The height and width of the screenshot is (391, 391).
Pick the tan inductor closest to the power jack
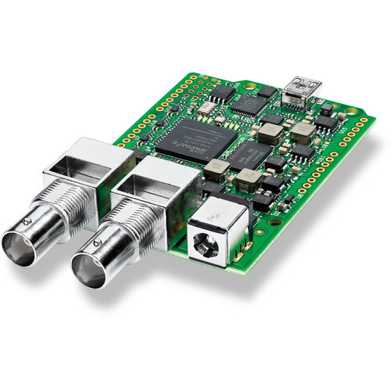(248, 182)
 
